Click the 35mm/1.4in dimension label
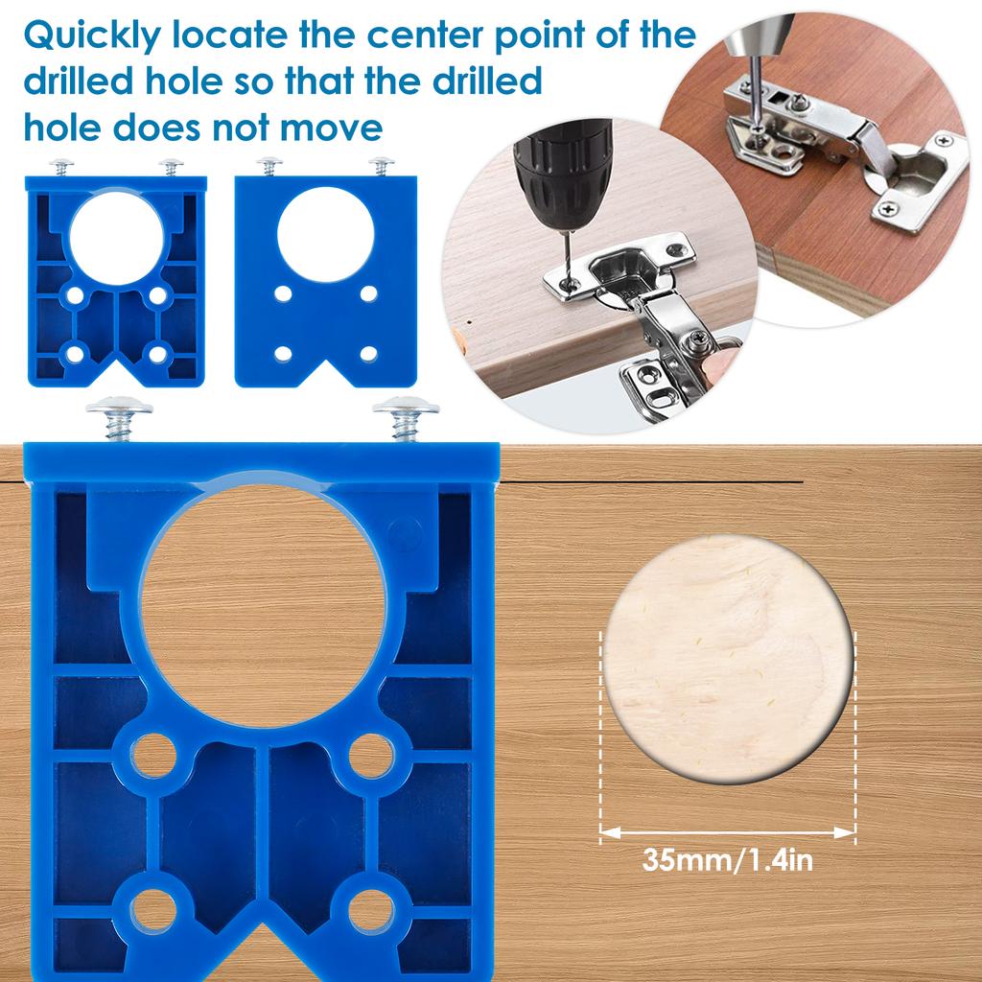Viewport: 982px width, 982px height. click(728, 859)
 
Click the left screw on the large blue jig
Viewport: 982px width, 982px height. click(119, 418)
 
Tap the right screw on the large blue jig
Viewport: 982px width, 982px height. click(406, 418)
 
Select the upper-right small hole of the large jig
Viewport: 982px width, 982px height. click(370, 756)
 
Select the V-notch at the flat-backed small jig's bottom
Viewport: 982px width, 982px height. click(324, 369)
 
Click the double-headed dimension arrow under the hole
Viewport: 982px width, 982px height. click(728, 833)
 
